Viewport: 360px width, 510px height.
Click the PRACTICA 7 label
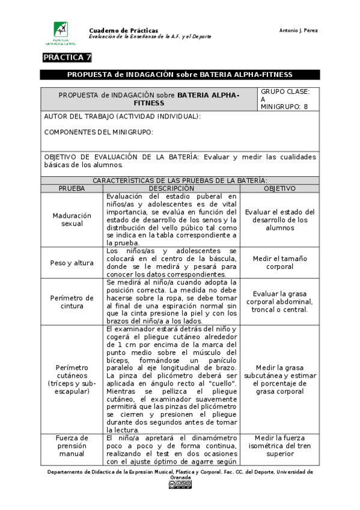67,58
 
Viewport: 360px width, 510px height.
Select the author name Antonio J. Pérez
299,30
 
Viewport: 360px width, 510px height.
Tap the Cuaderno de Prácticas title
123,30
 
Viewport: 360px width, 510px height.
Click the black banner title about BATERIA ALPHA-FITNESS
180,75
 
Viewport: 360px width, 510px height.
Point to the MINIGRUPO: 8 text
284,106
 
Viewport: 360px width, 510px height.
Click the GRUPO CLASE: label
285,91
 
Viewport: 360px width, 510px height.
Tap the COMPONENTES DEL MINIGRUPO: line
99,132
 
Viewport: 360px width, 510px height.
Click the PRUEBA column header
72,188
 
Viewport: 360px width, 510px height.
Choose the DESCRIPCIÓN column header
171,188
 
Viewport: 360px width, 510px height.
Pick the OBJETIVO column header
279,188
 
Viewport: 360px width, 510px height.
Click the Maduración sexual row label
72,220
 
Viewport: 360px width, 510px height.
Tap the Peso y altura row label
72,263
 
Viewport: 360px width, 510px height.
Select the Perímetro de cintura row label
72,302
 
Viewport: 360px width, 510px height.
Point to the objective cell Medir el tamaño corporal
280,263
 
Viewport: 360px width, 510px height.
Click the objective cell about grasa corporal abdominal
280,302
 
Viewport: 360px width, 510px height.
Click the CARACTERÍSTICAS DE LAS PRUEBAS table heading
180,180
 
